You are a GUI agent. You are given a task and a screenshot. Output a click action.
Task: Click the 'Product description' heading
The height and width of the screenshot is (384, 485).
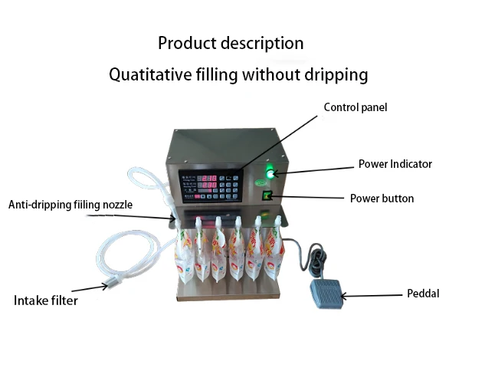pos(231,43)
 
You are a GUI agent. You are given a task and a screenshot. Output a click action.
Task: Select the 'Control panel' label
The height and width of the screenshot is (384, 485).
pos(355,107)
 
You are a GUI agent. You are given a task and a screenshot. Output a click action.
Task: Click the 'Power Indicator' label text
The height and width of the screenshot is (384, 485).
pos(395,164)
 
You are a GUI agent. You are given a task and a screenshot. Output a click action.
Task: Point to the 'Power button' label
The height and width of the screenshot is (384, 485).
pos(382,199)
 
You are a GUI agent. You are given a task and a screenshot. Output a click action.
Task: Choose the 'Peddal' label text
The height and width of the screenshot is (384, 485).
pos(422,294)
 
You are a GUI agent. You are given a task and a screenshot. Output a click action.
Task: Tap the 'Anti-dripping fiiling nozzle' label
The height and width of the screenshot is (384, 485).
pos(70,205)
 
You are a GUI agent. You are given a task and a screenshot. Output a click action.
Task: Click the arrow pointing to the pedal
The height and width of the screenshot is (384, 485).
pos(371,294)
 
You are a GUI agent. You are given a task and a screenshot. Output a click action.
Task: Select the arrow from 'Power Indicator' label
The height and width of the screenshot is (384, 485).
pos(314,169)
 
